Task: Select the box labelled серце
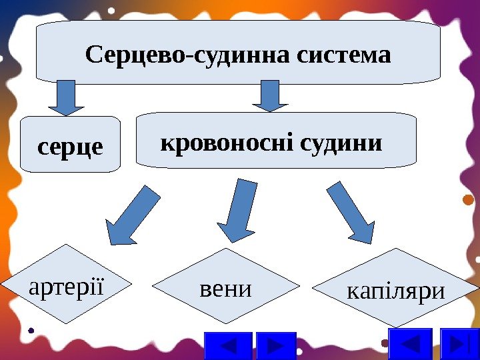[x=71, y=145]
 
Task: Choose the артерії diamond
[x=66, y=285]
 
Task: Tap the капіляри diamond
[x=396, y=289]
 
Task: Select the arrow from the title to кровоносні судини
[x=269, y=95]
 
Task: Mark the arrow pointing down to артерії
[x=133, y=215]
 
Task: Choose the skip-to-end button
[x=460, y=345]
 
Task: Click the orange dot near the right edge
[x=467, y=199]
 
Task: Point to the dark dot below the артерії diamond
[x=32, y=329]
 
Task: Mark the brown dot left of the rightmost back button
[x=385, y=343]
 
